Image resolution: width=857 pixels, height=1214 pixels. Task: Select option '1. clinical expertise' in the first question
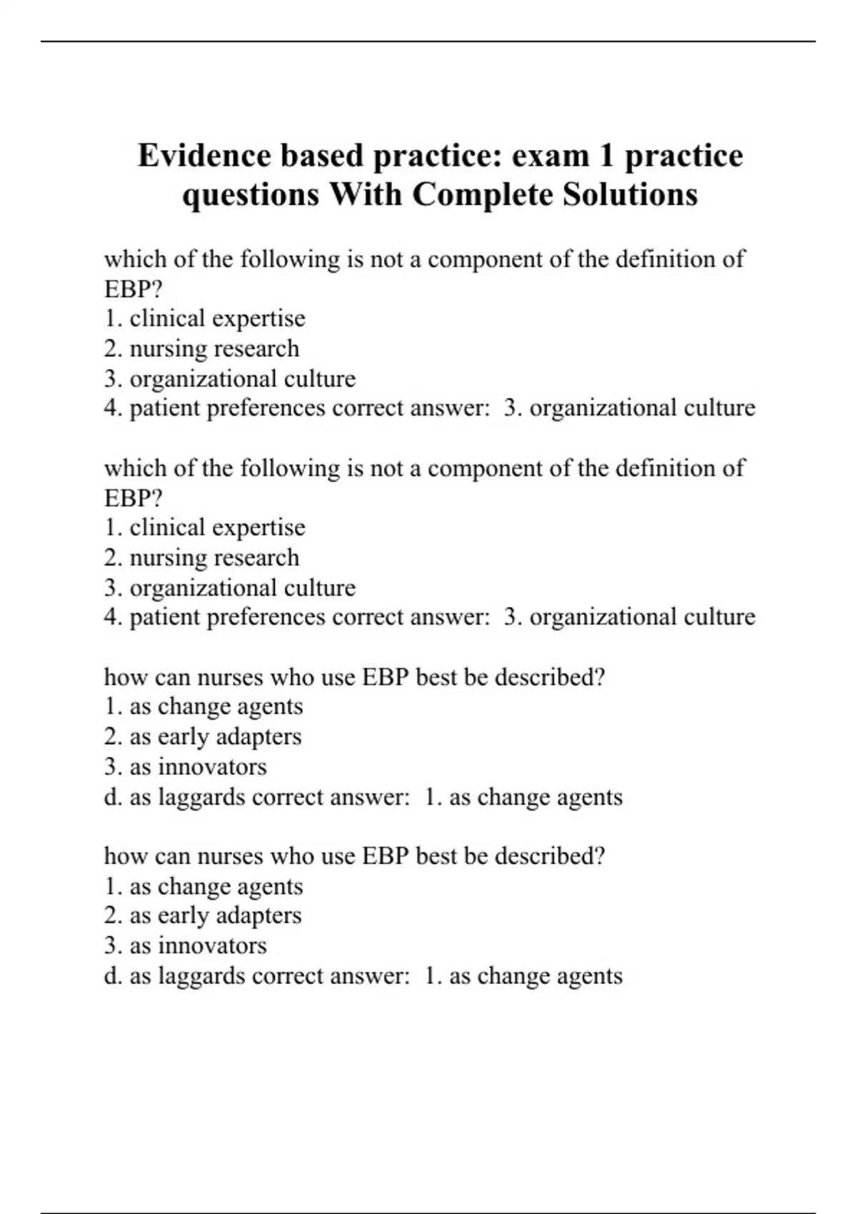[205, 318]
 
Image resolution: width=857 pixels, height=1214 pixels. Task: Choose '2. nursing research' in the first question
[201, 348]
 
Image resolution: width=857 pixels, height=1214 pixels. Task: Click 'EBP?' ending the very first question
[134, 289]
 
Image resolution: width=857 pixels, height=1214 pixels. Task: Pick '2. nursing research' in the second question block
[201, 558]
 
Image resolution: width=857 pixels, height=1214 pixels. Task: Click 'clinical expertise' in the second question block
[217, 528]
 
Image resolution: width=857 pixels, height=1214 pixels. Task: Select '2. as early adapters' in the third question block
[203, 736]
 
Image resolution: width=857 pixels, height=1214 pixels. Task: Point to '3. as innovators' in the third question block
[186, 767]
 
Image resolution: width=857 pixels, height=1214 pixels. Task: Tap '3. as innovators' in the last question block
[186, 945]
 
